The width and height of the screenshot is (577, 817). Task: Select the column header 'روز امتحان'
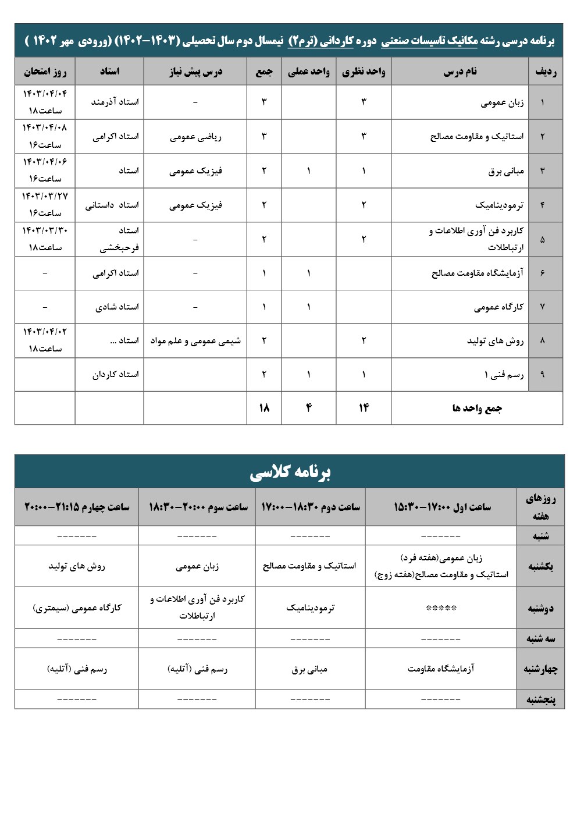[x=45, y=72]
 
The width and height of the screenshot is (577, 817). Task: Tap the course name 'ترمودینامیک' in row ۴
[x=499, y=205]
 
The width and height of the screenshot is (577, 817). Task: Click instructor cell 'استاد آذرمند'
[x=115, y=102]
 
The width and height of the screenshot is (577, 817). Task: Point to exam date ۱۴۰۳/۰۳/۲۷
[x=45, y=197]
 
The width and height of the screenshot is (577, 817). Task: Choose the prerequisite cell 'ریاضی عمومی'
[x=195, y=137]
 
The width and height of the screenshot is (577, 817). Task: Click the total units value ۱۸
[x=263, y=408]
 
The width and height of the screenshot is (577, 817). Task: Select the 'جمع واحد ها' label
[x=476, y=408]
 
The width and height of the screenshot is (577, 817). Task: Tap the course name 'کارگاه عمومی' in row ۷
[x=498, y=307]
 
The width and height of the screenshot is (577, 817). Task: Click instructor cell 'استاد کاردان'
[x=115, y=374]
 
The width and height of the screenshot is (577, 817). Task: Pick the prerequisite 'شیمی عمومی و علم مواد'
[x=195, y=341]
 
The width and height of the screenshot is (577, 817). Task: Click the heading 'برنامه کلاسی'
[x=289, y=472]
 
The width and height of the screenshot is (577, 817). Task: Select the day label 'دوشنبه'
[x=540, y=608]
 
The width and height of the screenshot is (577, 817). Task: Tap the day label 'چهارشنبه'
[x=540, y=669]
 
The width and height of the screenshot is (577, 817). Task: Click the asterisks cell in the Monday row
[x=441, y=608]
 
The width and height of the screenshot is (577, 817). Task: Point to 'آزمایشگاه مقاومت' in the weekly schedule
[x=441, y=669]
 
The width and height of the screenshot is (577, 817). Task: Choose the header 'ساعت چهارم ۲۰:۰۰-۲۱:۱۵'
[x=77, y=507]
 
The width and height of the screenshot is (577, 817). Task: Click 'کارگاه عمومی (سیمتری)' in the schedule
[x=77, y=608]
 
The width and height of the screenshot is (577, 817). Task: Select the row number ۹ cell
[x=542, y=375]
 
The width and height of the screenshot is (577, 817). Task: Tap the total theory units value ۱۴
[x=364, y=408]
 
